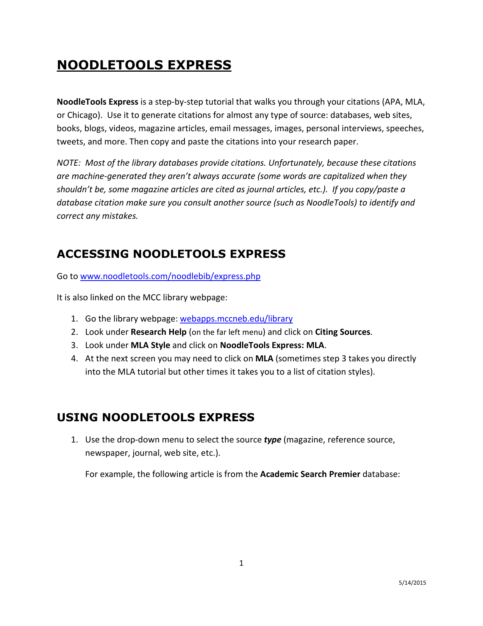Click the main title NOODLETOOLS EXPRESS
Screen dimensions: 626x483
pyautogui.click(x=144, y=65)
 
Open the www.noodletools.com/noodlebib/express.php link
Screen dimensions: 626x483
pyautogui.click(x=170, y=276)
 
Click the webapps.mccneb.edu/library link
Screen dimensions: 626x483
pyautogui.click(x=236, y=319)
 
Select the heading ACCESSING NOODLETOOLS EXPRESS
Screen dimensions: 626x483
pyautogui.click(x=171, y=254)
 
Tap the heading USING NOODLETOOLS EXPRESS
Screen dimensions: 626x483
pyautogui.click(x=155, y=417)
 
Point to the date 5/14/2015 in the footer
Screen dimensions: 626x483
pyautogui.click(x=412, y=583)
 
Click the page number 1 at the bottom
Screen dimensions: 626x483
pyautogui.click(x=241, y=563)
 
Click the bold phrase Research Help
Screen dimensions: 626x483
pyautogui.click(x=158, y=332)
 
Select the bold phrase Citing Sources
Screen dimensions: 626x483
pyautogui.click(x=342, y=332)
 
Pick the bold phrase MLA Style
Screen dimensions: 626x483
pyautogui.click(x=150, y=345)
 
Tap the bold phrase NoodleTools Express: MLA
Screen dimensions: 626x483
pyautogui.click(x=272, y=345)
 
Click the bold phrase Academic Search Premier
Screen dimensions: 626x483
pyautogui.click(x=310, y=474)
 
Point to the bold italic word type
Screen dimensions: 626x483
pyautogui.click(x=272, y=440)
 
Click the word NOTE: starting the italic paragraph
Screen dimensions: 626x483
pyautogui.click(x=69, y=163)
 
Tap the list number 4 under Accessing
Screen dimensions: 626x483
pyautogui.click(x=75, y=359)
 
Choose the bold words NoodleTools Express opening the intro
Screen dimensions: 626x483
pyautogui.click(x=97, y=102)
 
